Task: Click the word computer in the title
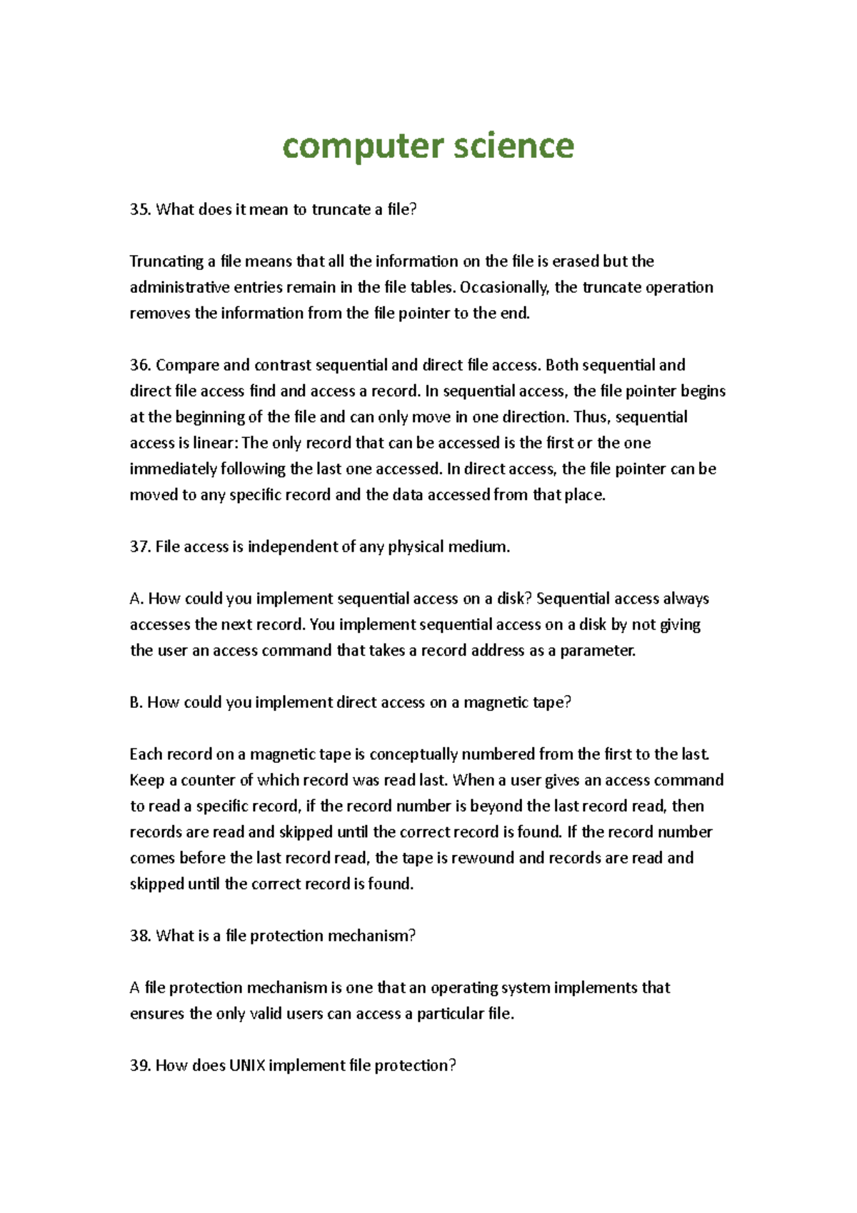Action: coord(363,146)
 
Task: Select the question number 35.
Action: coord(140,209)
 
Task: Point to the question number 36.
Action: coord(140,365)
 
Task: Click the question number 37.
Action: coord(140,546)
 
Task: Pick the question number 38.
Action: coord(140,936)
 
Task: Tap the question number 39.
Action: coord(140,1066)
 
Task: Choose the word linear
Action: coord(215,443)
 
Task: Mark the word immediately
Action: coord(174,469)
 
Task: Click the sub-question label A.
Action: coord(136,599)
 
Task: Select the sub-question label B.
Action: coord(136,702)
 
